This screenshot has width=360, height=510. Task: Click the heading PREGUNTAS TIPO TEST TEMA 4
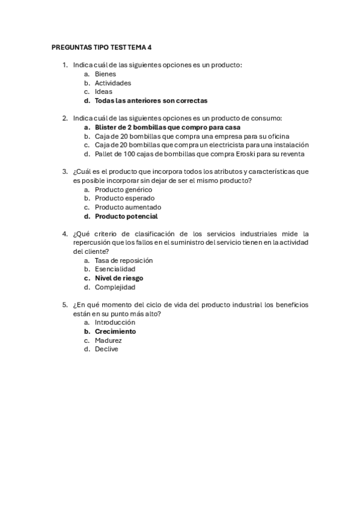[102, 46]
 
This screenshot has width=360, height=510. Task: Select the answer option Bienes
[105, 74]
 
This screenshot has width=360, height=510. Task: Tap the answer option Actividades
[113, 83]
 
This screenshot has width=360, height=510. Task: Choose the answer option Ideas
[103, 92]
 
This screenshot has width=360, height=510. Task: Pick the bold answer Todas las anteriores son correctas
[151, 101]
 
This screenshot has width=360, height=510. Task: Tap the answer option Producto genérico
[123, 189]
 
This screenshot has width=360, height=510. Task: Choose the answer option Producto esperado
[124, 198]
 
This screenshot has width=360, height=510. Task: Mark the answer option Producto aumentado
[127, 207]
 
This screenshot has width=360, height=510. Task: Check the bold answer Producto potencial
[126, 217]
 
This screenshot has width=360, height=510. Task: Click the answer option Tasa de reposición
[124, 260]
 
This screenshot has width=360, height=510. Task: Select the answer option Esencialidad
[115, 269]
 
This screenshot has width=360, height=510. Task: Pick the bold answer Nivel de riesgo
[119, 278]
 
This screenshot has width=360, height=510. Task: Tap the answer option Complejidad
[115, 287]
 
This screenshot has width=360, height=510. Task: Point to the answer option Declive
[106, 349]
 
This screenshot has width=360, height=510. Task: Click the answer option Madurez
[108, 340]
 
